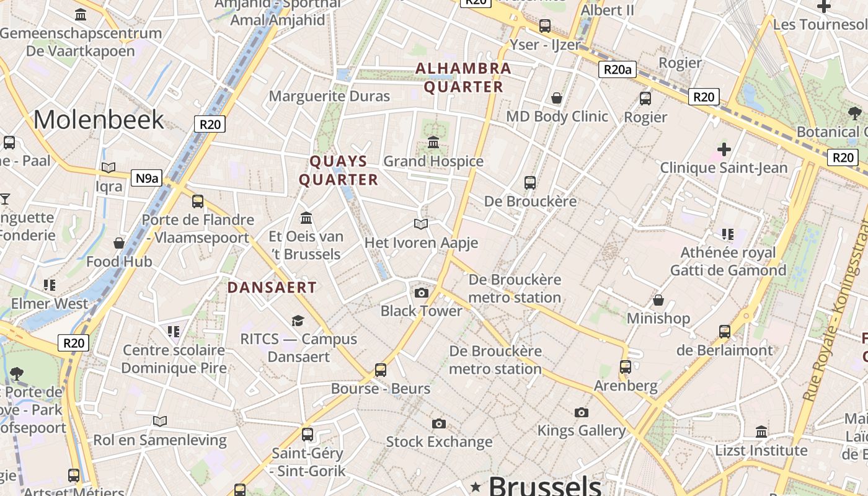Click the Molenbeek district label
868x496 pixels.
(x=99, y=119)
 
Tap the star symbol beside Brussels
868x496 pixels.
(x=476, y=485)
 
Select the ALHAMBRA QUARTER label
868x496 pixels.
(x=463, y=77)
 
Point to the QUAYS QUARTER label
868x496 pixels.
(x=339, y=170)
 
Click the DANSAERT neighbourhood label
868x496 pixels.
(x=272, y=288)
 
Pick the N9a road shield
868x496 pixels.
(x=146, y=179)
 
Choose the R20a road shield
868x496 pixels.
(x=617, y=69)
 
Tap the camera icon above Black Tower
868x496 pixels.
(x=422, y=293)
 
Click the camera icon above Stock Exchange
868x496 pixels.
(x=439, y=423)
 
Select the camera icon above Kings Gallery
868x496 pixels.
(x=581, y=412)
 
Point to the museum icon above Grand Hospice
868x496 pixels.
(x=433, y=143)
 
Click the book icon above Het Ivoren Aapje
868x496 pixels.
(x=421, y=224)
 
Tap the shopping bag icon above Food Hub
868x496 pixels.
(x=119, y=243)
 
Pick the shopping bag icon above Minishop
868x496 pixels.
(x=658, y=300)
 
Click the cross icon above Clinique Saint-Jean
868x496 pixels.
(x=724, y=149)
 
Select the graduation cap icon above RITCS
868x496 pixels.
(x=298, y=321)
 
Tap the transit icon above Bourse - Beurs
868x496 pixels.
(x=381, y=370)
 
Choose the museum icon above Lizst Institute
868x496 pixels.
(x=761, y=432)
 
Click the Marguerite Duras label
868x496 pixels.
(x=329, y=96)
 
